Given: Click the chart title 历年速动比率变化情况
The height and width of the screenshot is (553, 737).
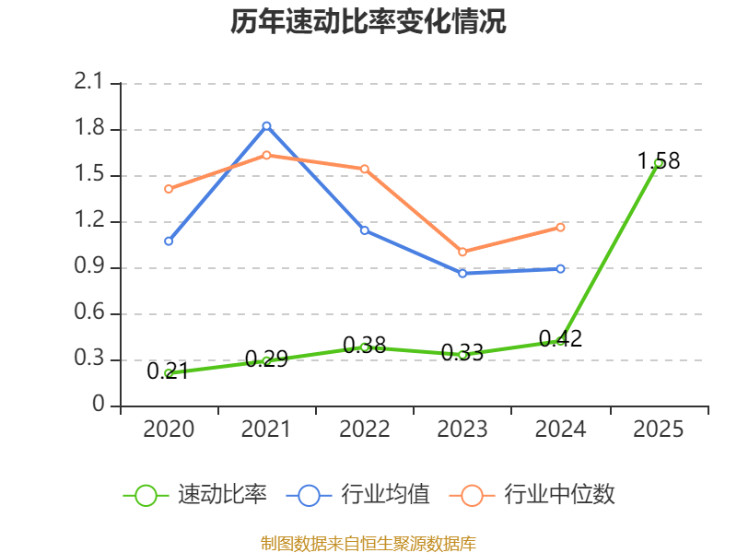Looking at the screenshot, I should point(368,23).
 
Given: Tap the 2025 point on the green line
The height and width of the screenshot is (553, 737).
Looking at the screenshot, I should point(658,163).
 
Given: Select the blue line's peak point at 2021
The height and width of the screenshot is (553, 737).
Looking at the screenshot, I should point(266,125).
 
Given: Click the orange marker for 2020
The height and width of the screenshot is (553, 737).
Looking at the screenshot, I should point(169,189).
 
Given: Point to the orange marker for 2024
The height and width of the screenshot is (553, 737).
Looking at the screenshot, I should point(560,227).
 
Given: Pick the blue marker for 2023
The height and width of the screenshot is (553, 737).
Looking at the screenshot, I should point(462,273).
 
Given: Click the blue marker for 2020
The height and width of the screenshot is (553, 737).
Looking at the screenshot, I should point(169,241).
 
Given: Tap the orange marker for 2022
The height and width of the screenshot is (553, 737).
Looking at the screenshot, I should point(365,169).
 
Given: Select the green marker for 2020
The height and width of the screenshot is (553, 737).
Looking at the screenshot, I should point(169,373).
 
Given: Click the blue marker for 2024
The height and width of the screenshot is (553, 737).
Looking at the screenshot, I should point(560,269).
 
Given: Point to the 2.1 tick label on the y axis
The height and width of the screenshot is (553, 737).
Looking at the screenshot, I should point(89,83).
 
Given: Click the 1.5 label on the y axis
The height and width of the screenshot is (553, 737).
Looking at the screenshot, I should point(89,175).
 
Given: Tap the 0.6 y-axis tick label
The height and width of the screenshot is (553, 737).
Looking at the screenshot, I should point(89,313).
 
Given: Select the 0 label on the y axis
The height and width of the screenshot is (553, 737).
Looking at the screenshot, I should point(100,406).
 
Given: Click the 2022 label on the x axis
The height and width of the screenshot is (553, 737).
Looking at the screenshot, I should point(365,429).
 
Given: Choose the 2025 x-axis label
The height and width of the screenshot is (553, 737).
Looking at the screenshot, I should point(658,429).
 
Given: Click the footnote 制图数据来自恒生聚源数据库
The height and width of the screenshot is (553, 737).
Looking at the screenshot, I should point(368,543).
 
